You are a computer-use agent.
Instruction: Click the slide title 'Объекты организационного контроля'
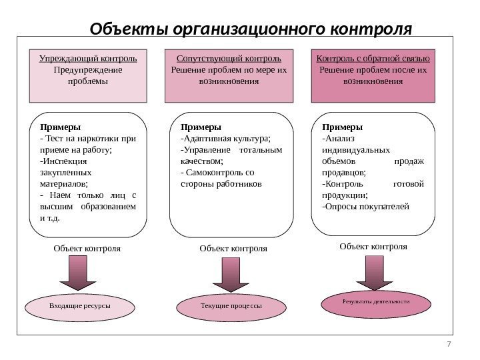pyautogui.click(x=251, y=29)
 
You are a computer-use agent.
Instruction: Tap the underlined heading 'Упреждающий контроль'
pyautogui.click(x=88, y=58)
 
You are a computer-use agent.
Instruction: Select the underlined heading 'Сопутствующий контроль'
pyautogui.click(x=229, y=58)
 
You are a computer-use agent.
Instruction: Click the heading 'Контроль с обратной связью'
pyautogui.click(x=373, y=58)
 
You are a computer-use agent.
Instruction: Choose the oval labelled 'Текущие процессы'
pyautogui.click(x=231, y=306)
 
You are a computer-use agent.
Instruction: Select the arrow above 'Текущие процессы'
pyautogui.click(x=231, y=275)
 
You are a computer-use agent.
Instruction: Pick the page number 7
pyautogui.click(x=449, y=344)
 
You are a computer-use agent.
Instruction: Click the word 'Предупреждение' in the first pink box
pyautogui.click(x=87, y=69)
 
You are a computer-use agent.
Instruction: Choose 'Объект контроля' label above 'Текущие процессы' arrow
pyautogui.click(x=233, y=249)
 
